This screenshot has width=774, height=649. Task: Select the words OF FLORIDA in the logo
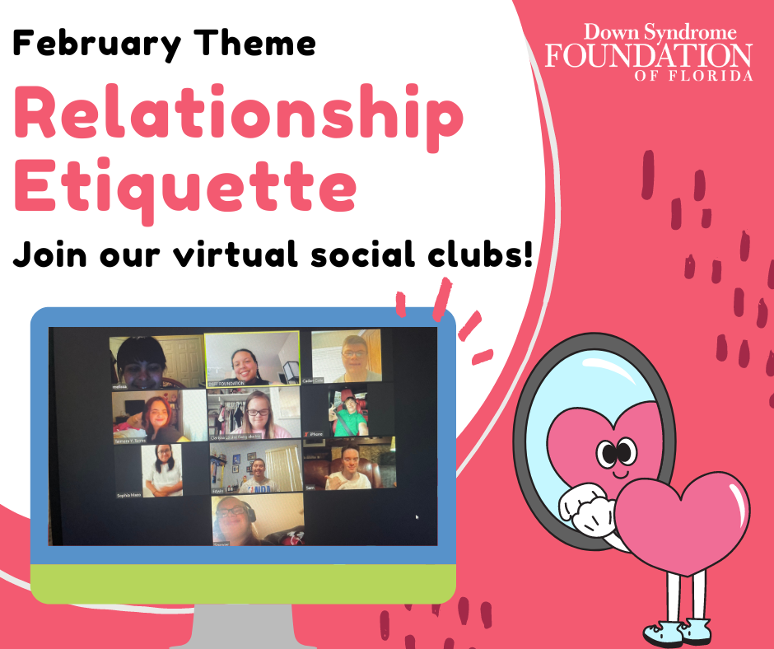[693, 76]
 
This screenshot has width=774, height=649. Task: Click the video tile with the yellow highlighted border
[252, 358]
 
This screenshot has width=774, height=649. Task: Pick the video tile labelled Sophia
[161, 470]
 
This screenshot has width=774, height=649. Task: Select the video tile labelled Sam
[349, 465]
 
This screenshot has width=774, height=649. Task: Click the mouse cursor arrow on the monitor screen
[417, 517]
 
